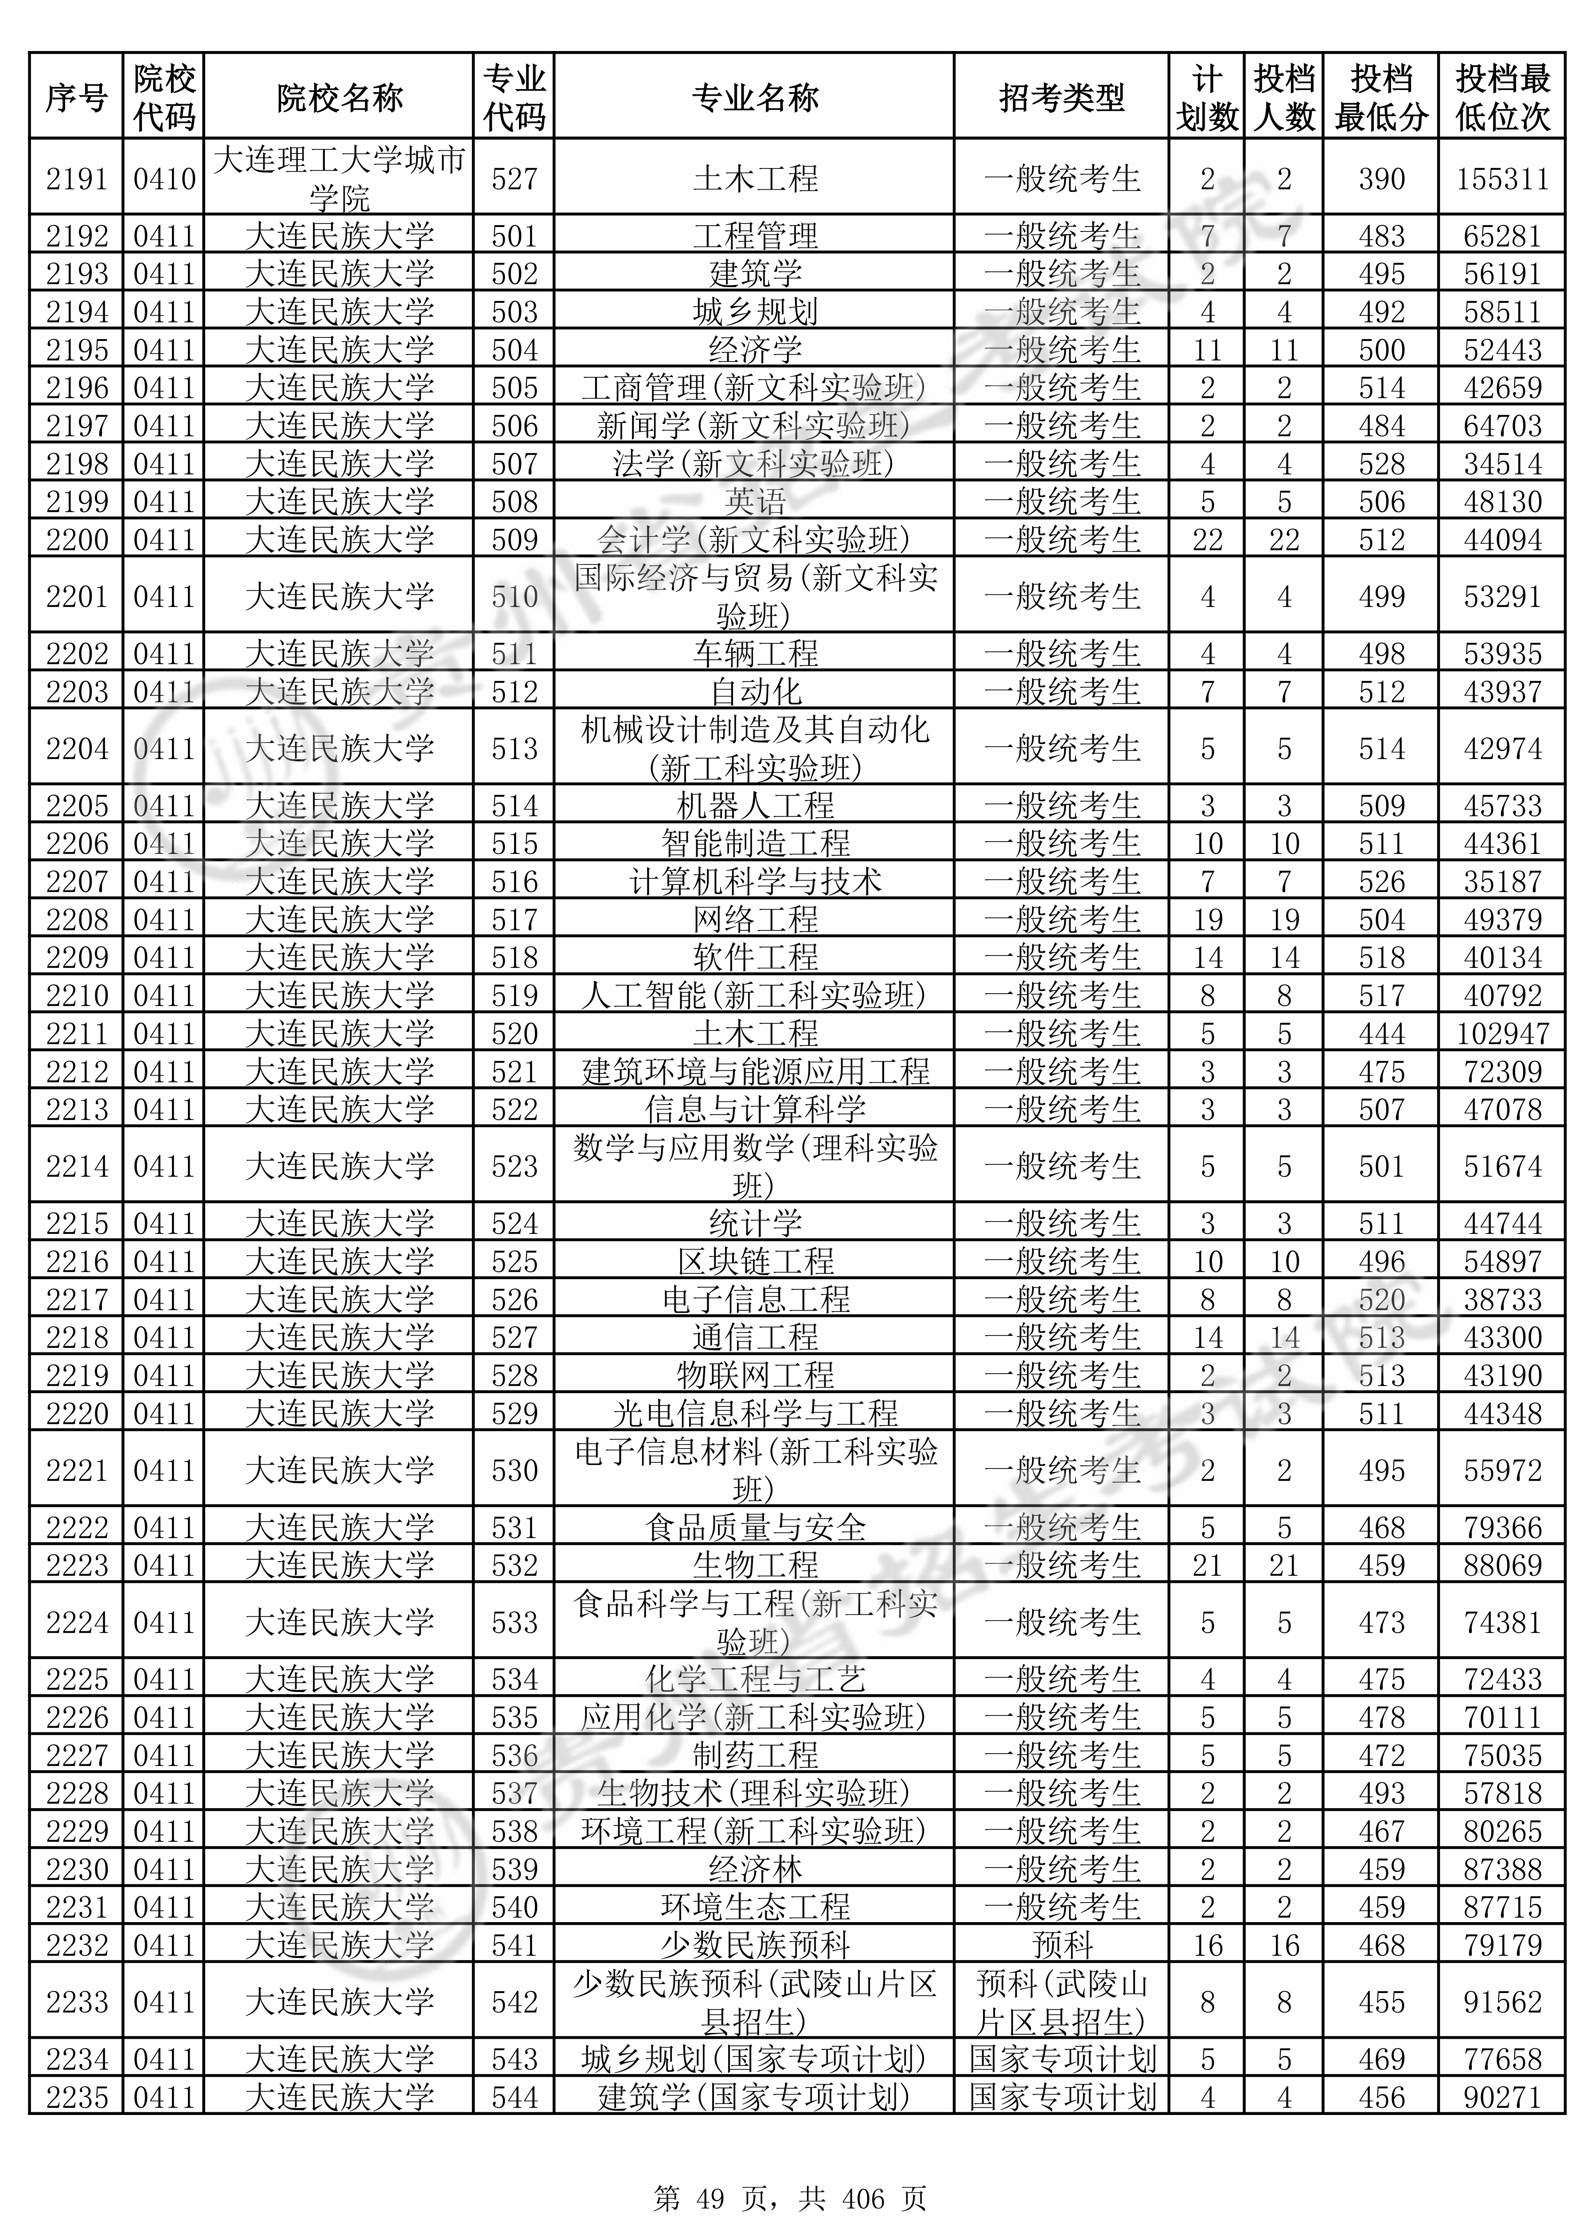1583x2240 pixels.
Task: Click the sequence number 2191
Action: coord(76,179)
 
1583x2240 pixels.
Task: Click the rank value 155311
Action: coord(1502,179)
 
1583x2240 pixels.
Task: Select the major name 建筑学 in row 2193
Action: coord(755,273)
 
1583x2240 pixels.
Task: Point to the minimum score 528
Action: coord(1381,463)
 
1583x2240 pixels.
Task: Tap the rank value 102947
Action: coord(1502,1033)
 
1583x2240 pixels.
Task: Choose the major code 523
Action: coord(514,1166)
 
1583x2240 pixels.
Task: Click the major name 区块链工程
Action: coord(755,1261)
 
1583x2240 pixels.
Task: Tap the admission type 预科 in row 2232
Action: coord(1061,1945)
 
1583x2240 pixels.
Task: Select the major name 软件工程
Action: coord(755,957)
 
